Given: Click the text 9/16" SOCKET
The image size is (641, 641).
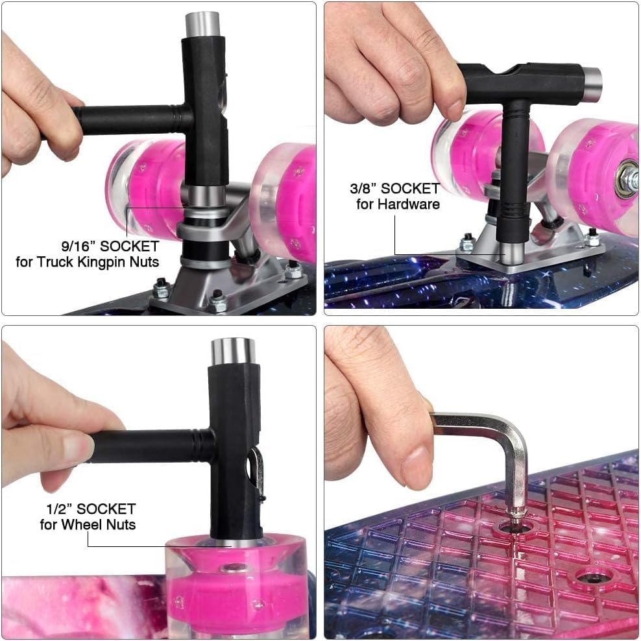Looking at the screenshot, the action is (x=110, y=246).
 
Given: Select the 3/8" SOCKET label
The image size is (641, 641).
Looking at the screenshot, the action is (x=394, y=188).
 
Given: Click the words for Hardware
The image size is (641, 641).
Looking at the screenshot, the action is (x=398, y=204).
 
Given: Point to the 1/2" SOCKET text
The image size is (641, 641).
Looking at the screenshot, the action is (x=91, y=509).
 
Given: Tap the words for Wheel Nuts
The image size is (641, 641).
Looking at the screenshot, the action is (x=88, y=524).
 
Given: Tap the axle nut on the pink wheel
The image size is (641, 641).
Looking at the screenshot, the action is (x=627, y=176).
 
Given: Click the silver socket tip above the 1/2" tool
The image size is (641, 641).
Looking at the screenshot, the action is (x=234, y=351).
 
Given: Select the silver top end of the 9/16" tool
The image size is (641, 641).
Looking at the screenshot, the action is (x=202, y=25).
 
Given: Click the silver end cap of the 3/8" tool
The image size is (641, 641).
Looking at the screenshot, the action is (x=592, y=84).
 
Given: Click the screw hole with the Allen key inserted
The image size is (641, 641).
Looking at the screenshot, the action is (x=516, y=528).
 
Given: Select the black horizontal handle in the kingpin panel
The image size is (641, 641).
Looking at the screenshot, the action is (x=131, y=119).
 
